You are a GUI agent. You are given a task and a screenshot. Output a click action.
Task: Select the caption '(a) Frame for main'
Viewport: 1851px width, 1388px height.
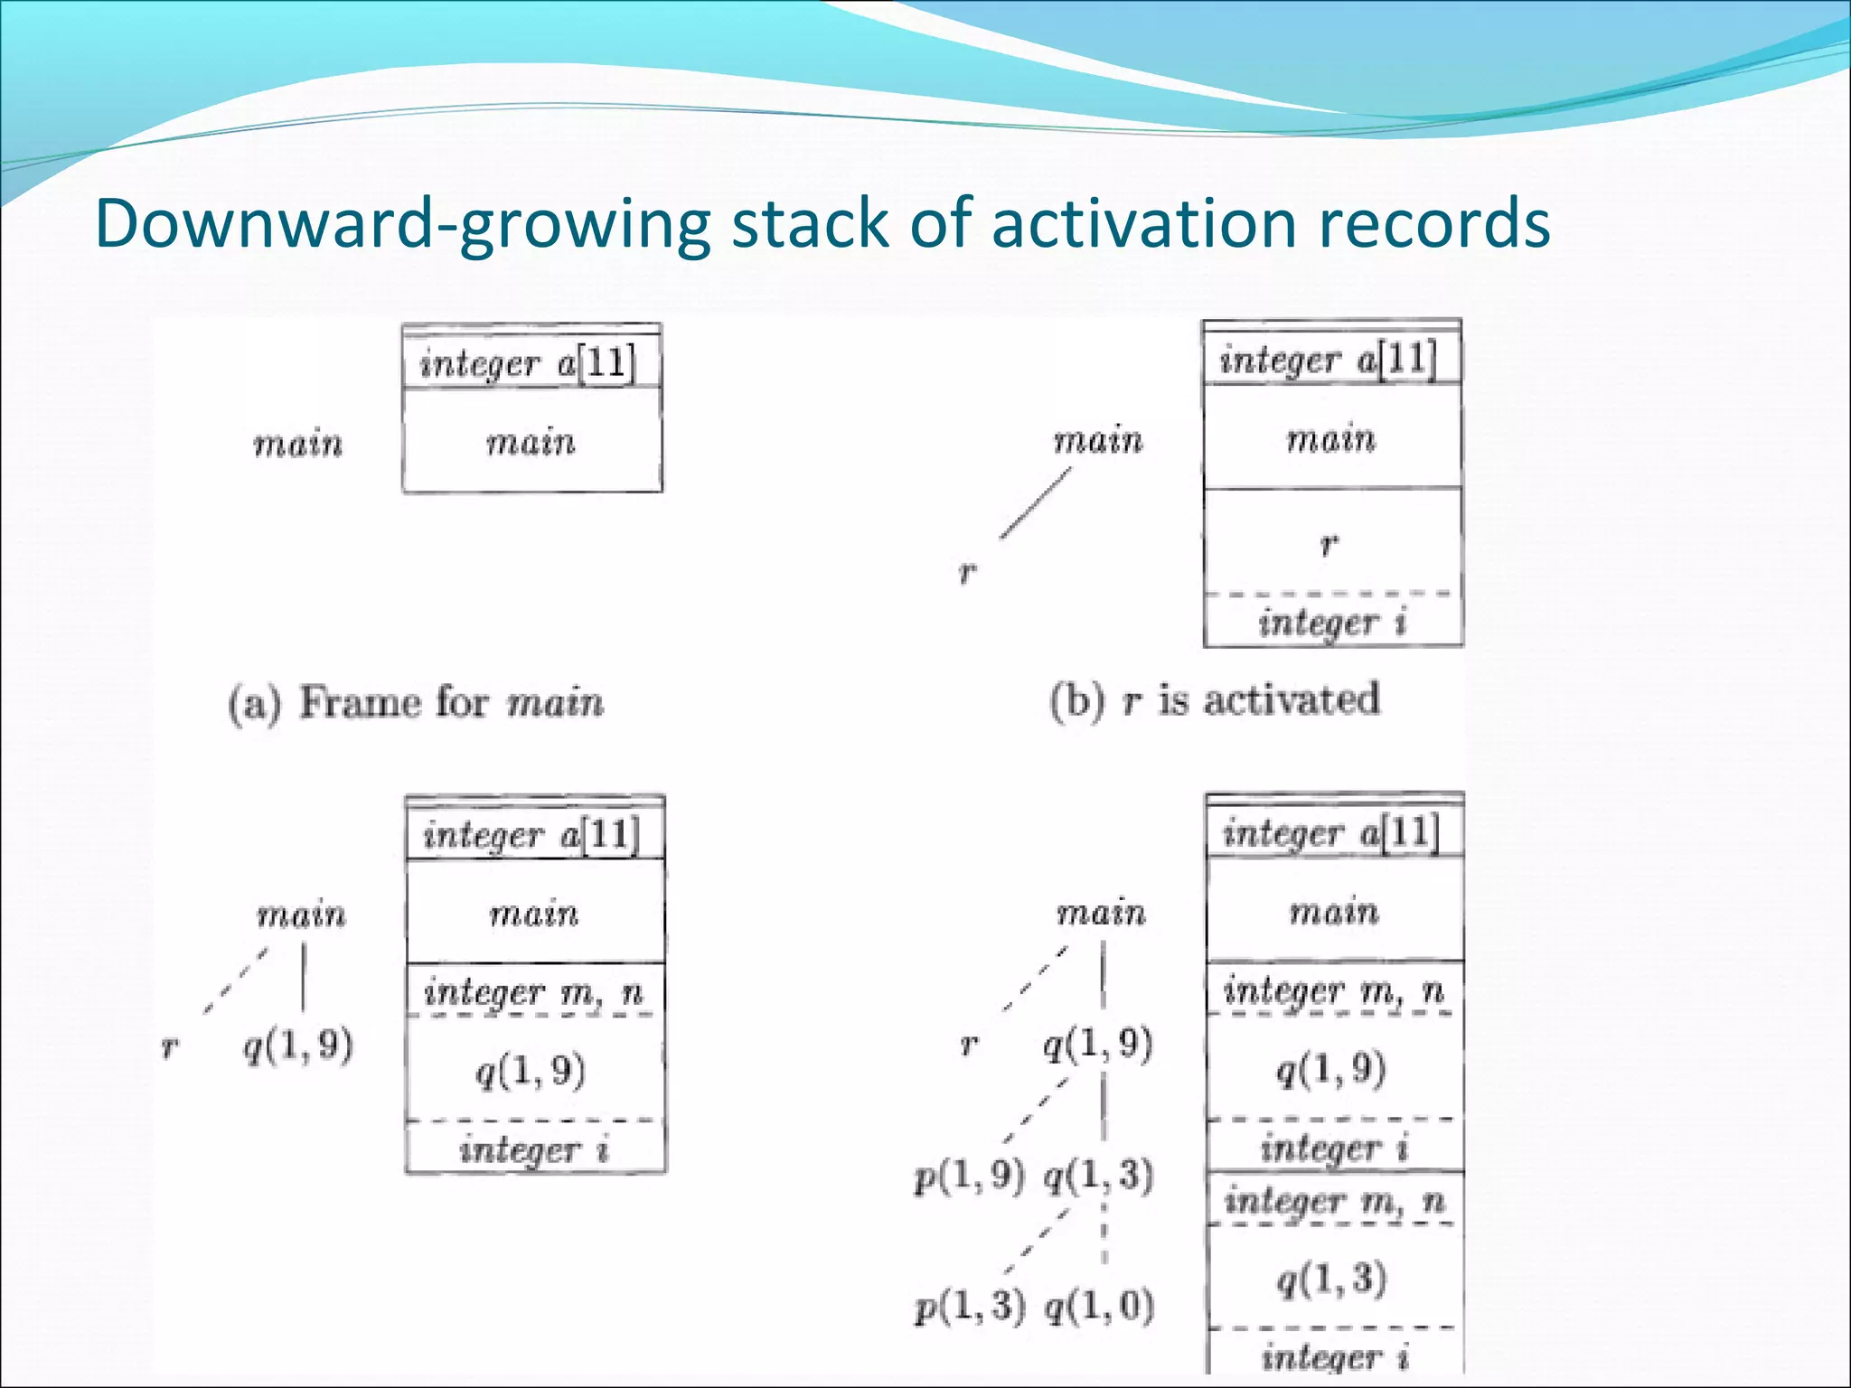(x=416, y=702)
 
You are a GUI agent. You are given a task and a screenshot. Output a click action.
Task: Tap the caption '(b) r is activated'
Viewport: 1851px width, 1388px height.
(x=1215, y=699)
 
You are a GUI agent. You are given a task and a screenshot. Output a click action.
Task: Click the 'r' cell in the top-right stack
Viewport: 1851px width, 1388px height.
(x=1332, y=542)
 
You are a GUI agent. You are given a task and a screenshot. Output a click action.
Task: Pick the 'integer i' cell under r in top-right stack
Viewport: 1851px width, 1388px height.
(x=1332, y=622)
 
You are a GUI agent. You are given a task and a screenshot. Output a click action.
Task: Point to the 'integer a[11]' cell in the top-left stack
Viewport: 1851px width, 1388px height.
(x=531, y=363)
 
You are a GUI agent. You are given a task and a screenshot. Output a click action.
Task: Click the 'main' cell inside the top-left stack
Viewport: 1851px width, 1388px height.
(x=531, y=442)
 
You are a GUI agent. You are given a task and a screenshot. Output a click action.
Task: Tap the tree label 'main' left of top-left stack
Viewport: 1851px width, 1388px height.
(x=298, y=444)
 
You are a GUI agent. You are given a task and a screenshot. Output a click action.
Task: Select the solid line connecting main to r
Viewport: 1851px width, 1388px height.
(x=1036, y=502)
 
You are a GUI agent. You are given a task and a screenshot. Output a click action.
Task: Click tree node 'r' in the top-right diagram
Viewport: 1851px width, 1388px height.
(x=967, y=571)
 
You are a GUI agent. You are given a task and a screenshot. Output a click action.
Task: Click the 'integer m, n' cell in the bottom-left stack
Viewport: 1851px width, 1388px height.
(x=534, y=992)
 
